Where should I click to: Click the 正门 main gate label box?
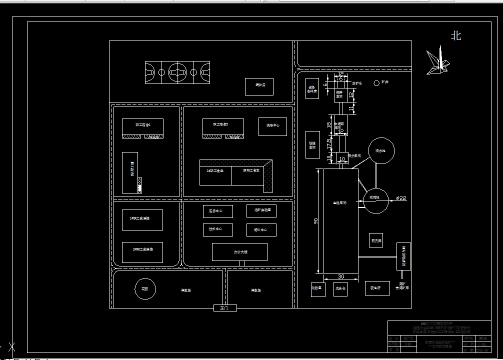tap(224, 308)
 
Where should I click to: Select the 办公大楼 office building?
tap(239, 252)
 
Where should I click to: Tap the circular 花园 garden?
tap(145, 288)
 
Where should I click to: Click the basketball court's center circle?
tap(177, 72)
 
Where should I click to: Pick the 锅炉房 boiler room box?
tap(259, 86)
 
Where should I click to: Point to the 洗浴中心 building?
tap(272, 126)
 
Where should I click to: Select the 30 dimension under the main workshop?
tap(341, 276)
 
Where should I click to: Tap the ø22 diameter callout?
tap(401, 198)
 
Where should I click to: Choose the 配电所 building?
tap(376, 287)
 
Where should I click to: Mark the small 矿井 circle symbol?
tap(376, 83)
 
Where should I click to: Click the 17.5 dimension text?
tap(329, 143)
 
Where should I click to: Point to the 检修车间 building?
tap(312, 145)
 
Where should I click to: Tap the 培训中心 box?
tap(261, 230)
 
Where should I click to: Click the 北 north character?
tap(455, 36)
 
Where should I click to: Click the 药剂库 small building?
tap(376, 240)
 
